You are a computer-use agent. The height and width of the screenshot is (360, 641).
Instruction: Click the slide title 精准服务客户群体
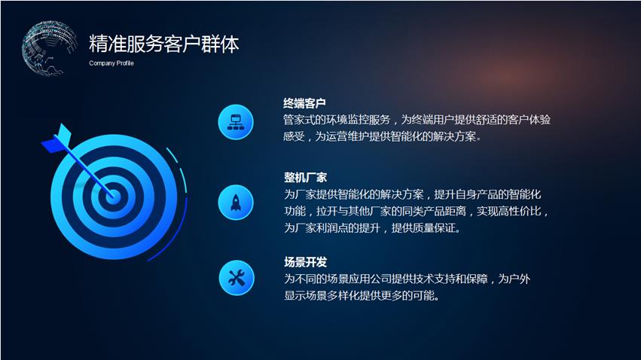pyautogui.click(x=163, y=44)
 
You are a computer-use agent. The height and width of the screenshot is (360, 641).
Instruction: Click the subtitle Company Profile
pyautogui.click(x=111, y=63)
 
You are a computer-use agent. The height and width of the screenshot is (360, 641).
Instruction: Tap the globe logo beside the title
pyautogui.click(x=49, y=48)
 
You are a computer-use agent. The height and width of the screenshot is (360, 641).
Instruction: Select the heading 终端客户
pyautogui.click(x=304, y=103)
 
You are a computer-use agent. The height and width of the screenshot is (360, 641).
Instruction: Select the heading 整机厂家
pyautogui.click(x=305, y=177)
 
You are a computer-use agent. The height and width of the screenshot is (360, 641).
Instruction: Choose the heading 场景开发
pyautogui.click(x=305, y=262)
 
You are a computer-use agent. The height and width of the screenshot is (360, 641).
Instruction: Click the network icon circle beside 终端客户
pyautogui.click(x=236, y=122)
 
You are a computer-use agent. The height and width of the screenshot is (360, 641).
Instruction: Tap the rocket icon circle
pyautogui.click(x=236, y=203)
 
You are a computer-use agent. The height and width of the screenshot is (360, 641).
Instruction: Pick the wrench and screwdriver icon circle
pyautogui.click(x=237, y=278)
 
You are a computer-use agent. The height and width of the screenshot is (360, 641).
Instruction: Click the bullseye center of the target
pyautogui.click(x=113, y=197)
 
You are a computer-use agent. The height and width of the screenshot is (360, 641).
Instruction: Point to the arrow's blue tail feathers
pyautogui.click(x=57, y=139)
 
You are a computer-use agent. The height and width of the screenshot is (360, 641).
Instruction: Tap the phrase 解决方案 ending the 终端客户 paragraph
pyautogui.click(x=455, y=136)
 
